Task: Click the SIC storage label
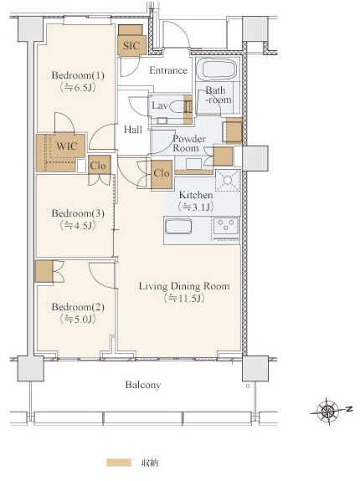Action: (x=131, y=46)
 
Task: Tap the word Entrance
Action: (x=168, y=70)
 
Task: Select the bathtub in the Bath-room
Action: (x=217, y=69)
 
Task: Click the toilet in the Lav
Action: (x=176, y=107)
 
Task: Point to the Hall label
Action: (x=133, y=130)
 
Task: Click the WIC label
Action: (x=67, y=146)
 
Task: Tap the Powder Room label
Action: (x=189, y=143)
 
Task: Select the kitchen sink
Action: (x=178, y=227)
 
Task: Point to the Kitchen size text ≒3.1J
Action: (x=196, y=207)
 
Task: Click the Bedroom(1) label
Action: (x=78, y=75)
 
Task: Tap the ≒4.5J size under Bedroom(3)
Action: (x=78, y=226)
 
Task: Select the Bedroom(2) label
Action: (x=78, y=307)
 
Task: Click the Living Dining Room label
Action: (x=184, y=286)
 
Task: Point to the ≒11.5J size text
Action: (x=184, y=298)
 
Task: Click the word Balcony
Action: (x=142, y=385)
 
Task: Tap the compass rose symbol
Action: (x=328, y=411)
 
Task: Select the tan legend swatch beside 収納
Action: (x=119, y=463)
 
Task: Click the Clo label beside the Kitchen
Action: (x=162, y=173)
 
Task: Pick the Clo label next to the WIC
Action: (x=98, y=166)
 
